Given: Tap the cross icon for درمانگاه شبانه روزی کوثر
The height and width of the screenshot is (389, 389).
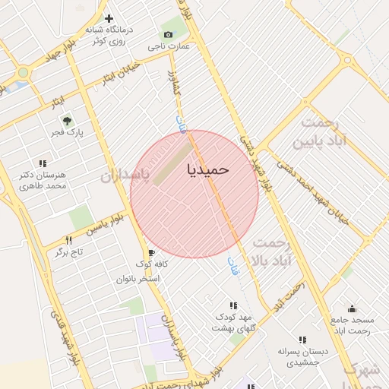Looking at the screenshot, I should (x=109, y=18).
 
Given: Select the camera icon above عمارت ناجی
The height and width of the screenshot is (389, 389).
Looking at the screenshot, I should (x=168, y=34).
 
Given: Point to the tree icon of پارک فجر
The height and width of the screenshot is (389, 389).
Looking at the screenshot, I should (x=66, y=120).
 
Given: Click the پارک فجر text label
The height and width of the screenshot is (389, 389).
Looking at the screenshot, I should (x=67, y=133).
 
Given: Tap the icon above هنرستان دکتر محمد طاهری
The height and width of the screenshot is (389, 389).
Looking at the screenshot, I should (x=43, y=163).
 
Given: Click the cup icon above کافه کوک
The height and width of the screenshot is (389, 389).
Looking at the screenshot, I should (x=151, y=253).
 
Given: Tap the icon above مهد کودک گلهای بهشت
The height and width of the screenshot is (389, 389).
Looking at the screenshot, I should (x=233, y=305).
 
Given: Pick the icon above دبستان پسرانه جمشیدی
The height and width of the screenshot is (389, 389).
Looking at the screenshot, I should (x=302, y=340).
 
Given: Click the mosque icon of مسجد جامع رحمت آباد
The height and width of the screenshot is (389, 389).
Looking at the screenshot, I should (x=352, y=308).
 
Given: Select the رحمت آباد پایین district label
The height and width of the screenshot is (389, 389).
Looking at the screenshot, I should (x=328, y=131).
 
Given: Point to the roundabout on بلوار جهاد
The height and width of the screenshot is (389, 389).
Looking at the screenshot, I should (x=23, y=73).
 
